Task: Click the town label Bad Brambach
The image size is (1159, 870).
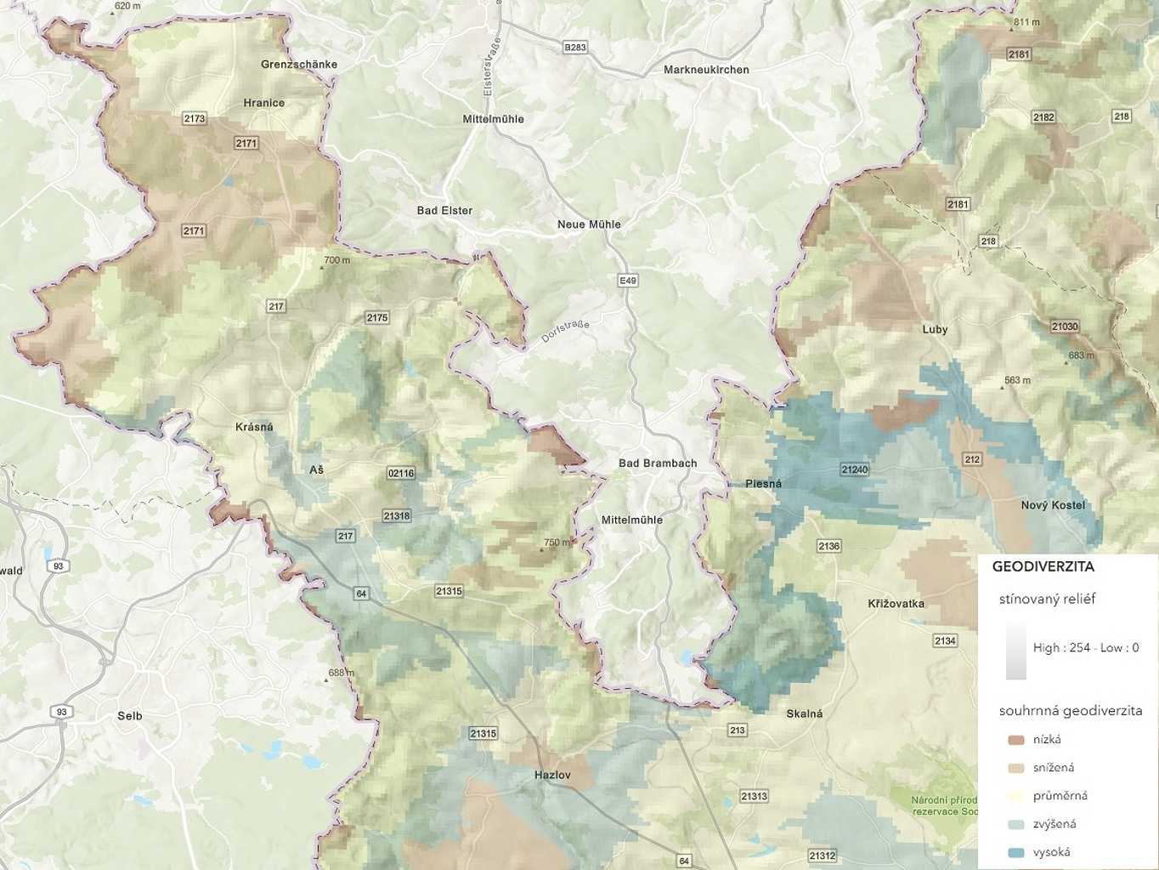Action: point(657,463)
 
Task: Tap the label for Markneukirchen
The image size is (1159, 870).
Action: point(706,70)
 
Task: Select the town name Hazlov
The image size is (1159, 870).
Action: point(552,775)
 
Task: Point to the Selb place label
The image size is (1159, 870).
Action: point(130,716)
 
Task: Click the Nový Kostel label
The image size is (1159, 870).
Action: point(1053,505)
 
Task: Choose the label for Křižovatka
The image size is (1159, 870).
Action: point(896,604)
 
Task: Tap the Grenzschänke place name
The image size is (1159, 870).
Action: point(299,65)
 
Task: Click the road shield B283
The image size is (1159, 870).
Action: point(575,48)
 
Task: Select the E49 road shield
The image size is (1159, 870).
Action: point(627,281)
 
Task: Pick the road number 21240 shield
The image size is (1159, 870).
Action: point(855,469)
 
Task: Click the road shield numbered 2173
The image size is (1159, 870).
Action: point(195,118)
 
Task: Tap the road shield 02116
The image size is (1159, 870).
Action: point(401,473)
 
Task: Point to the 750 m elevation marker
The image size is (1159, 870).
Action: point(557,543)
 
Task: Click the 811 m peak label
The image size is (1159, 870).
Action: point(1026,22)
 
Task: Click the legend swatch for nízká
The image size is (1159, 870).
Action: point(1015,740)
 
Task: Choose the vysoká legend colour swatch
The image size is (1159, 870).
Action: point(1015,852)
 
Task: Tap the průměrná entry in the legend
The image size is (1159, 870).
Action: point(1060,796)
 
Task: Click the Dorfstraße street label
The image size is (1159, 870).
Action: point(565,332)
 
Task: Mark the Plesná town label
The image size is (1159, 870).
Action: point(763,484)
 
